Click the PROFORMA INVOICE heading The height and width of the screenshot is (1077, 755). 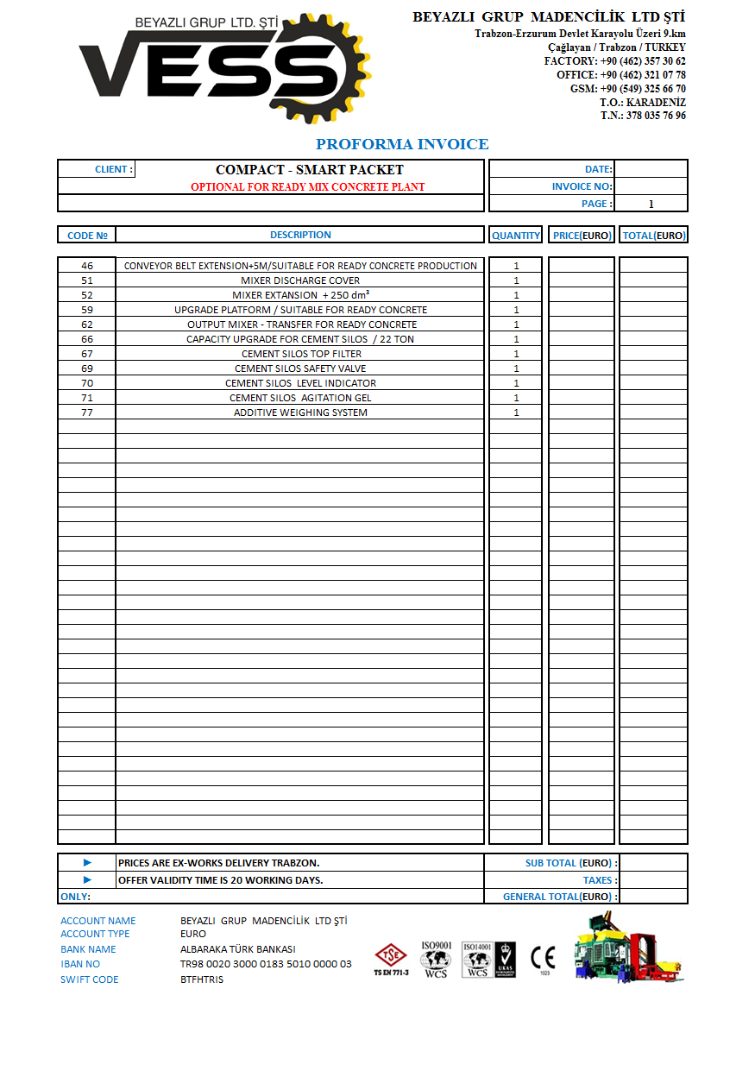pos(402,144)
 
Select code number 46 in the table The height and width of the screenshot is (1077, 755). pos(86,266)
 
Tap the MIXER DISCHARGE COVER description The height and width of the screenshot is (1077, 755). pos(300,280)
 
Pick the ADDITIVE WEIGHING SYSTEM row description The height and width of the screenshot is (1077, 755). pos(300,413)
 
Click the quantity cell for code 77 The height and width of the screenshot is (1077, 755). pos(516,413)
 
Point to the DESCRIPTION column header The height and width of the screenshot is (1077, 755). pos(300,235)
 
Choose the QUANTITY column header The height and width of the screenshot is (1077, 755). pos(516,235)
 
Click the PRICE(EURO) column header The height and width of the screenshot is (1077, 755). pos(582,235)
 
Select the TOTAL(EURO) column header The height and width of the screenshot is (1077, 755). pos(653,235)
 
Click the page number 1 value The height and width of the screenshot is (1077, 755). pos(651,204)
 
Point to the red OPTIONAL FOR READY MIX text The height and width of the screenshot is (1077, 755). pos(307,186)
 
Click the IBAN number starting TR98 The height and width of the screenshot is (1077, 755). pos(266,964)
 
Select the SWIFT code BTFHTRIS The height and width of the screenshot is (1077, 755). pos(202,979)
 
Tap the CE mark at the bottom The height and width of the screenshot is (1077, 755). pos(544,958)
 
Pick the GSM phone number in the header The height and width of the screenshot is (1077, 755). pos(643,89)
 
